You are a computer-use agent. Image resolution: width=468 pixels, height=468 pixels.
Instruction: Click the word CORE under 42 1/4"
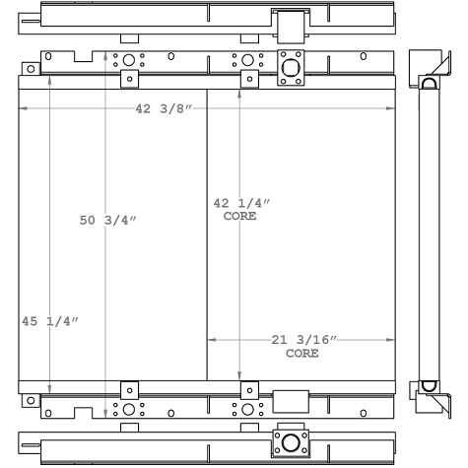(x=239, y=216)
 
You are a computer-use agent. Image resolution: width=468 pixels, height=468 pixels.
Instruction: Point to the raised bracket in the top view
(x=290, y=23)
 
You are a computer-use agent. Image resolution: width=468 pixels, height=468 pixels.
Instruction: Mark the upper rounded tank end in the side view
(x=430, y=84)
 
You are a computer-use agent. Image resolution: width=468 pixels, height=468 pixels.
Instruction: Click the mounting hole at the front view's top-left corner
(x=32, y=69)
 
